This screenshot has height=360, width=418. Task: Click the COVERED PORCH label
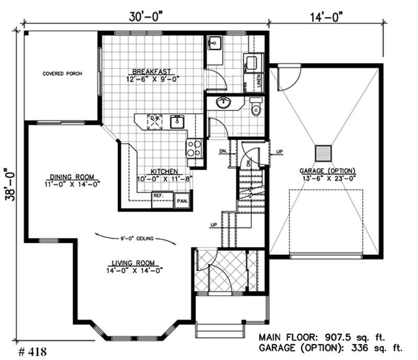(62, 74)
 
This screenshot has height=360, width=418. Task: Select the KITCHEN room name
(166, 171)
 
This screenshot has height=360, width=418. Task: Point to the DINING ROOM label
(72, 177)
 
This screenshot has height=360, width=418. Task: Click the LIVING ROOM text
(134, 263)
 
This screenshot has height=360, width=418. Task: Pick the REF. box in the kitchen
(159, 196)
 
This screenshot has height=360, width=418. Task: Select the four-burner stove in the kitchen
(194, 148)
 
